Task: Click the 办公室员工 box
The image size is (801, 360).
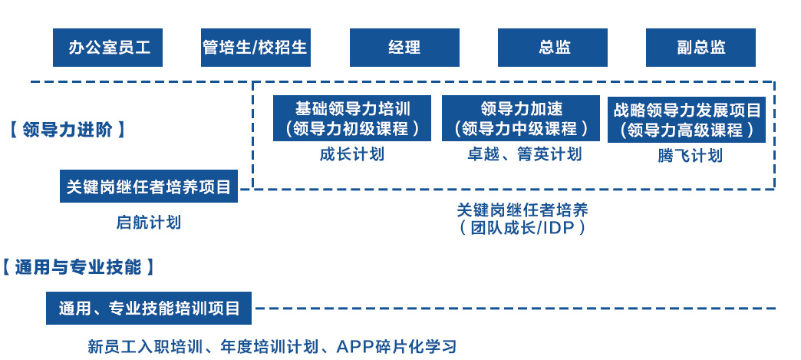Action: pos(107,48)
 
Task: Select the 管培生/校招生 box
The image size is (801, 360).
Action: pos(255,48)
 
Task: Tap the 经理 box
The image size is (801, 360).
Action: pos(404,48)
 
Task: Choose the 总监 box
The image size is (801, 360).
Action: pos(552,48)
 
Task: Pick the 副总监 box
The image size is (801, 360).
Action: pos(701,48)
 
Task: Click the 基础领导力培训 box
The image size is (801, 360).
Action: pos(352,118)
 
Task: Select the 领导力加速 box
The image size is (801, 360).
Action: pos(520,118)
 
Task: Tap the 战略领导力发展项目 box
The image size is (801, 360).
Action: pos(687,120)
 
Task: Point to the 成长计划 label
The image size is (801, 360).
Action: pos(352,154)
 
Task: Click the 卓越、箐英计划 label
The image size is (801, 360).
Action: pos(525,154)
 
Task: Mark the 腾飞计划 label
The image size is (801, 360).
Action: pos(691,156)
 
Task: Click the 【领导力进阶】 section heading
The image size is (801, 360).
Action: pos(68,130)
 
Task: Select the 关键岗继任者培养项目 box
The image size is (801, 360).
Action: pos(149,186)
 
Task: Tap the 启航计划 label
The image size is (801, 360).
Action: pos(149,223)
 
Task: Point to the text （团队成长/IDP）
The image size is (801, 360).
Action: pos(522,227)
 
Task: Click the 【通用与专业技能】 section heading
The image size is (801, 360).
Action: pos(78,266)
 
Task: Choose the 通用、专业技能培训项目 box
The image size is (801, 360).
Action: pos(149,308)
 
